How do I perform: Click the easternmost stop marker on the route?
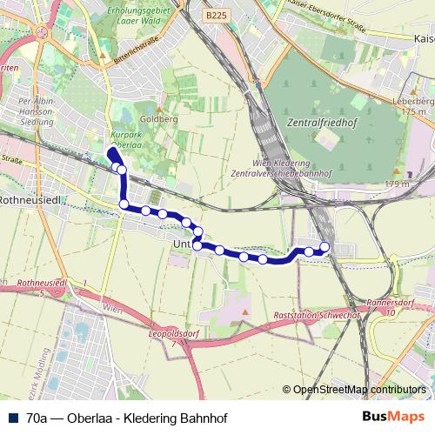click(x=325, y=247)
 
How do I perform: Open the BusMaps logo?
click(x=394, y=418)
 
